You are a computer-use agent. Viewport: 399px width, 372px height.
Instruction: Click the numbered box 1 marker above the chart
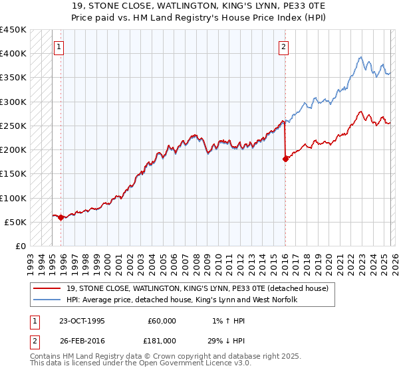(x=60, y=46)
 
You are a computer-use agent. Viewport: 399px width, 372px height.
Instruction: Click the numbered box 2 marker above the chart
(x=284, y=46)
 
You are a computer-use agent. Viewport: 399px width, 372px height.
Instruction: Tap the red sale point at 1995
(x=61, y=217)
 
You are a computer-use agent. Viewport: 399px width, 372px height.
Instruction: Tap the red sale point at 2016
(x=285, y=159)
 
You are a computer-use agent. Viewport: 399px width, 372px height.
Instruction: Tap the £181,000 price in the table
(x=162, y=341)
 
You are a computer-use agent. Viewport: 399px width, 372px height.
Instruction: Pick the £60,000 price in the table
(x=162, y=321)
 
